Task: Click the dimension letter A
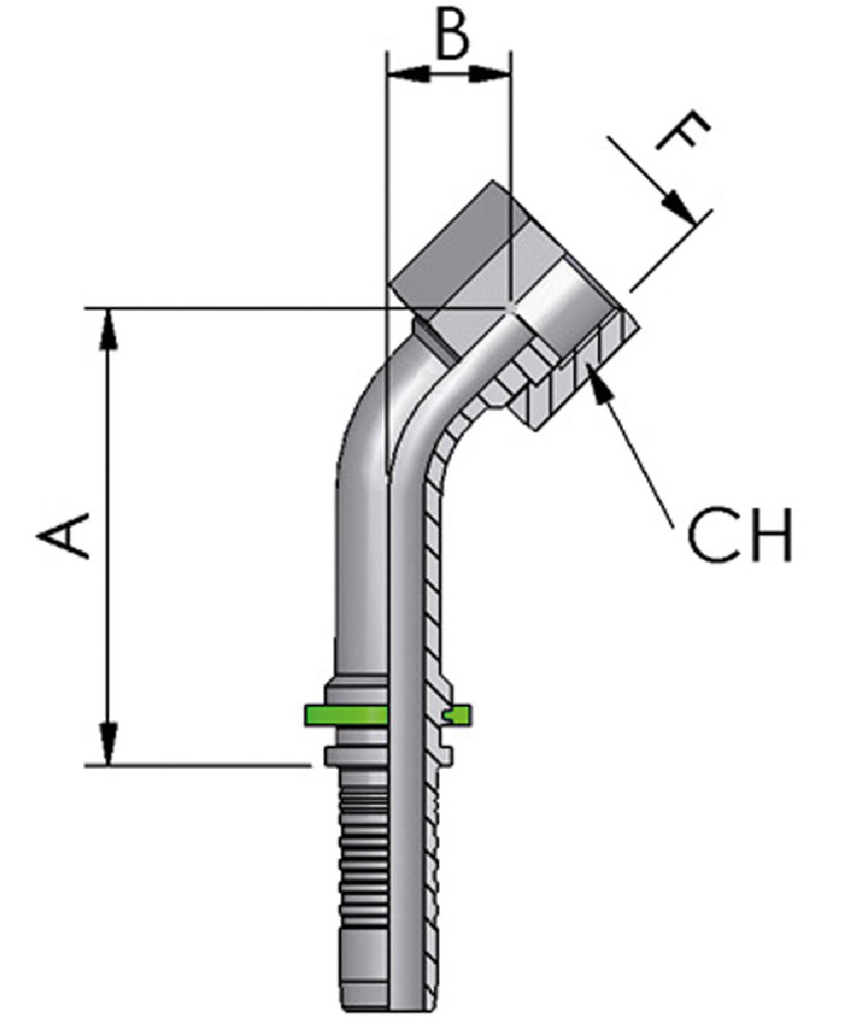click(64, 535)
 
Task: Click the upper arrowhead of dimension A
click(109, 331)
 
